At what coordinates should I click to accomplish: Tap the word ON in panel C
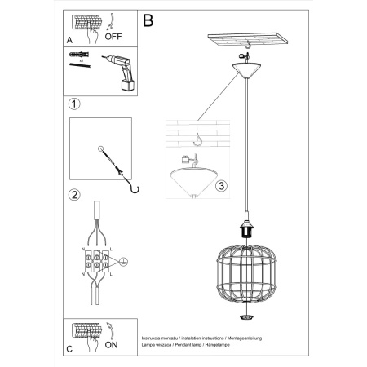pos(112,343)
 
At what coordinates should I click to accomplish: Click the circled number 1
pos(74,104)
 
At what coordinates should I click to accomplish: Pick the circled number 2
pos(74,195)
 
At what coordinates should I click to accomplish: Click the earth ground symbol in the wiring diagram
pos(123,263)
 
